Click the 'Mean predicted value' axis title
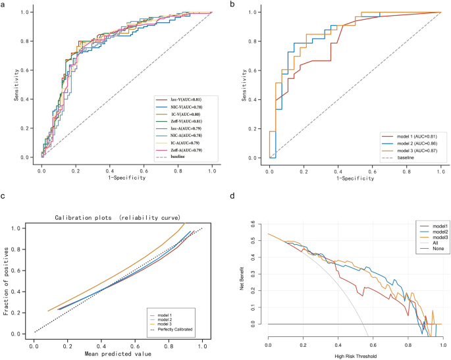tap(119, 353)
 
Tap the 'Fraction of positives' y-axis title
tap(7, 281)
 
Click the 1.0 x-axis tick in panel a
tap(212, 169)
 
